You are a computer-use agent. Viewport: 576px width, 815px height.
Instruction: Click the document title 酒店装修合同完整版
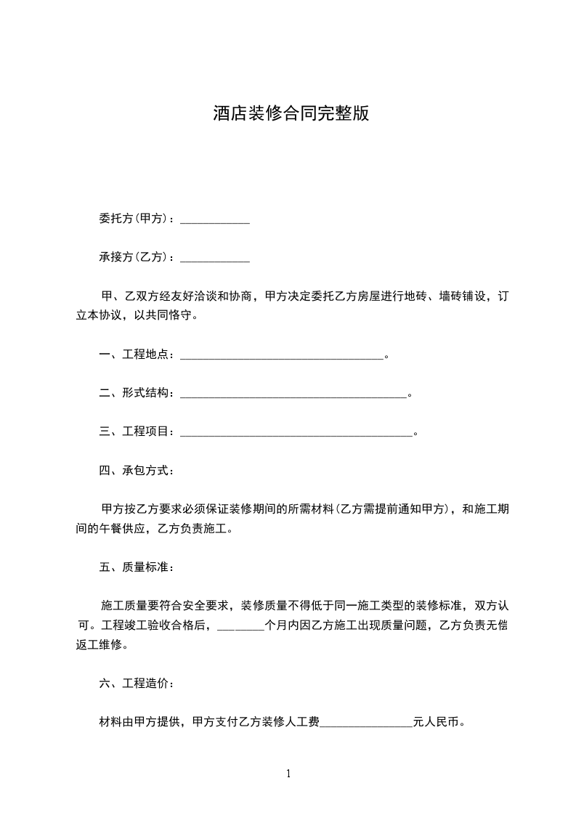pos(291,114)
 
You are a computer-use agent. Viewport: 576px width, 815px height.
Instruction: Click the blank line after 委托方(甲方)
pos(214,219)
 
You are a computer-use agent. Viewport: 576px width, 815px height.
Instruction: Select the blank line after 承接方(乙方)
pos(214,258)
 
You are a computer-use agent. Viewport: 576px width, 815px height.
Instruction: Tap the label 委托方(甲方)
pos(134,219)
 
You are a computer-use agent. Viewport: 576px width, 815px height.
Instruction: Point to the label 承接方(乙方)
pos(134,257)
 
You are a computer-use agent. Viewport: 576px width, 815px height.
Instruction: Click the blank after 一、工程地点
pos(281,355)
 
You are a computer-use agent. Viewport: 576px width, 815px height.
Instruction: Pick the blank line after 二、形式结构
pos(293,394)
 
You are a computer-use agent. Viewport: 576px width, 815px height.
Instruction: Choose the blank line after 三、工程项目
pos(296,432)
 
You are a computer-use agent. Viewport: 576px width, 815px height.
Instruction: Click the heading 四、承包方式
pos(136,470)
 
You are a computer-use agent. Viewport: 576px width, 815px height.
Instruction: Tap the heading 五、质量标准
pos(136,567)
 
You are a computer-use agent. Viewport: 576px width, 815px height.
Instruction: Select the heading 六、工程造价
pos(136,684)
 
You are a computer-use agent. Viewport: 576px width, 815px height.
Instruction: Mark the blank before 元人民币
pos(366,723)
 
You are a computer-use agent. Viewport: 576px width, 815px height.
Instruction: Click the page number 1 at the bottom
pos(288,774)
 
